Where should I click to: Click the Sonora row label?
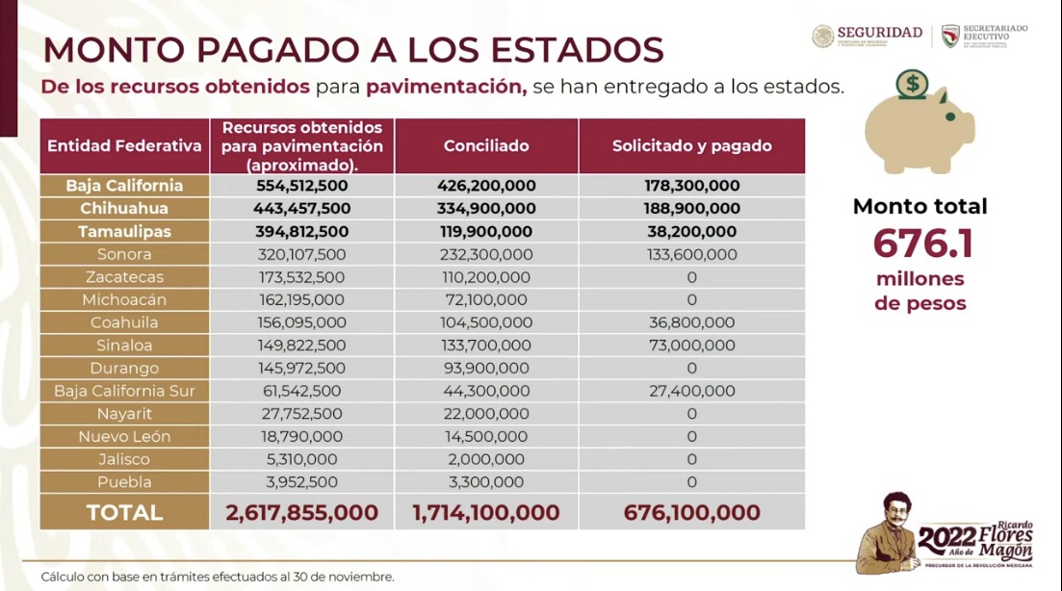click(124, 254)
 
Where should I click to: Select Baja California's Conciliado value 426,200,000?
click(486, 186)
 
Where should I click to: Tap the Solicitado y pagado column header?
click(691, 146)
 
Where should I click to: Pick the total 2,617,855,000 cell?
click(301, 513)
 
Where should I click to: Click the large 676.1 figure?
click(922, 244)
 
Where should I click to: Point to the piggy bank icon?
click(919, 130)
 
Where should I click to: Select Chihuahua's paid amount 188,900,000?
click(691, 209)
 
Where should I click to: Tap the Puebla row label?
click(124, 482)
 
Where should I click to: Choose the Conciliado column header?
click(486, 146)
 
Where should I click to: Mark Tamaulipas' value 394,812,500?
click(301, 232)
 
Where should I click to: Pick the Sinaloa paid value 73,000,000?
click(691, 346)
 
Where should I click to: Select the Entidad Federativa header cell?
click(124, 146)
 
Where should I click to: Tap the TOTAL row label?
click(124, 513)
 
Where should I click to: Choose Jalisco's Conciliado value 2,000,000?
click(486, 460)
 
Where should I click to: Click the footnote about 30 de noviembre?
click(218, 577)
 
